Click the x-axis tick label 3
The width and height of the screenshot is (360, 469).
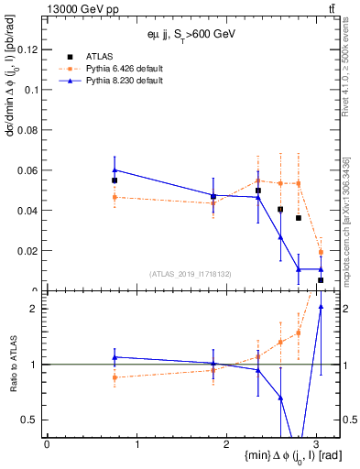click(316, 444)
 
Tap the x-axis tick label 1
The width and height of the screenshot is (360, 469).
click(136, 444)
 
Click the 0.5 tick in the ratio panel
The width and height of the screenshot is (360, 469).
click(31, 420)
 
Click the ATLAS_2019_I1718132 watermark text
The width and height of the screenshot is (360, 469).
click(191, 273)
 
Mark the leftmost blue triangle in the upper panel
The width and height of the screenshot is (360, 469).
click(115, 169)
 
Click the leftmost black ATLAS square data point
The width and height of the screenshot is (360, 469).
click(115, 180)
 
